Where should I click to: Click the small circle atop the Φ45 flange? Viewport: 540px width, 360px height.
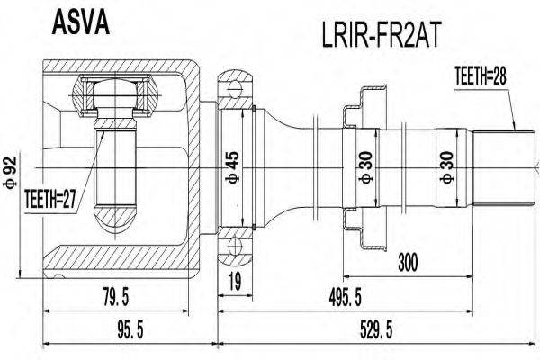(x=236, y=87)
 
